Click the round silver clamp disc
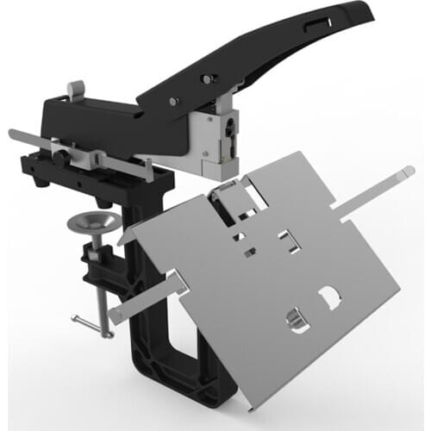point(92,222)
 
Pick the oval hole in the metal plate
point(296,322)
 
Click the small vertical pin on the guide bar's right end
point(152,169)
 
